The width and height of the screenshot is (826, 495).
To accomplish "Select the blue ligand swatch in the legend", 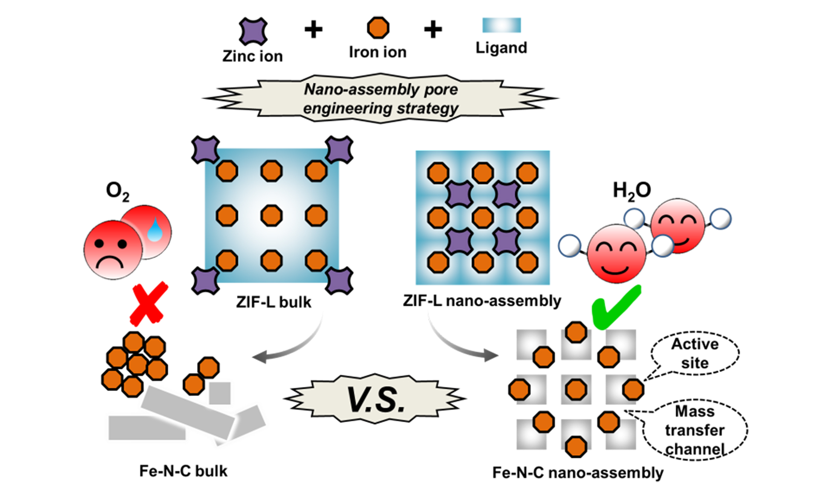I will click(x=501, y=25).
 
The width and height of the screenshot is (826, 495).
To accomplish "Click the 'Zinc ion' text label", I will click(x=252, y=56).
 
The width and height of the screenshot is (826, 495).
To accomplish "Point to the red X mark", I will click(x=148, y=304).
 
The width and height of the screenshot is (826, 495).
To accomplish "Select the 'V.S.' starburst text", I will click(x=375, y=399).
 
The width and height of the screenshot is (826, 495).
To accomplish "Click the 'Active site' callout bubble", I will click(x=695, y=353).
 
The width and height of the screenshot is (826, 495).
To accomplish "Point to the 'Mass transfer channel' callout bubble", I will click(x=695, y=430).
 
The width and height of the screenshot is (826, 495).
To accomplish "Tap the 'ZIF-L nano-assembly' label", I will click(x=482, y=301).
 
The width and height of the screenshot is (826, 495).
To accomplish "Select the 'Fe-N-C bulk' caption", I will click(x=183, y=471).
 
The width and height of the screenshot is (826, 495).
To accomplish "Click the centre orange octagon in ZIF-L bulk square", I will click(x=272, y=216).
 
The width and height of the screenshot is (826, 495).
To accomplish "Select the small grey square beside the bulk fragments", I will click(x=220, y=393).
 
